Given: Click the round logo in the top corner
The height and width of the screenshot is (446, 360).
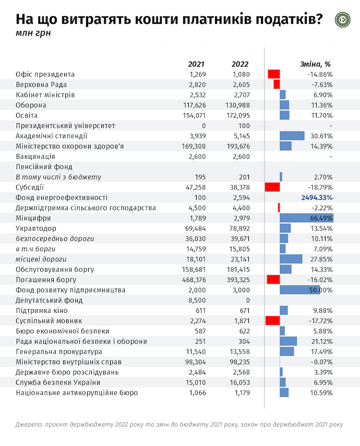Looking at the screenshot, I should pos(342,19).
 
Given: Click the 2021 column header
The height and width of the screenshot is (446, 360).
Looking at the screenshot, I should pos(196,64).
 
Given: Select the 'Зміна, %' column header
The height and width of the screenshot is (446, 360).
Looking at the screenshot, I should pos(316,64).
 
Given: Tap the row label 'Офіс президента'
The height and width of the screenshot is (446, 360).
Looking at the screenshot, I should pos(45,74).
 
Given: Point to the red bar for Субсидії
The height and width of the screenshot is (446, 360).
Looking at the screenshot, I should pos(272,187).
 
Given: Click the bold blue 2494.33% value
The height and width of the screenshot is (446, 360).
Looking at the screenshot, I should pos(317,198).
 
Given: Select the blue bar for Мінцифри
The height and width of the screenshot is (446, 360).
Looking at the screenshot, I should pos(306,218).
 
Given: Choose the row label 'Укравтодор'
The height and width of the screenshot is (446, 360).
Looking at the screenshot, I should pos(37,228).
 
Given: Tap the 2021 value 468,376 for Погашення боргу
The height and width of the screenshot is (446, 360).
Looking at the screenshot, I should pos(194,280).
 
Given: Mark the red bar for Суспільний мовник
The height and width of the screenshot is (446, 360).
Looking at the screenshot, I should pos(273,321).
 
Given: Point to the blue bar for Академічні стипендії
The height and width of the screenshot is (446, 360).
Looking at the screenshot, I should pos(292,136).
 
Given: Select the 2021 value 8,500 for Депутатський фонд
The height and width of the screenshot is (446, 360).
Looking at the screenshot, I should pos(197,300).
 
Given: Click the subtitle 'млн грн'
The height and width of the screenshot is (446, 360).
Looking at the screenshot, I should pos(30,33).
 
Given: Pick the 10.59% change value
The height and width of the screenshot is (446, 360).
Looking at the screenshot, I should pos(320,393).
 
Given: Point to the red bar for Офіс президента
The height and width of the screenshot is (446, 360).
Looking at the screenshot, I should pos(274,74).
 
